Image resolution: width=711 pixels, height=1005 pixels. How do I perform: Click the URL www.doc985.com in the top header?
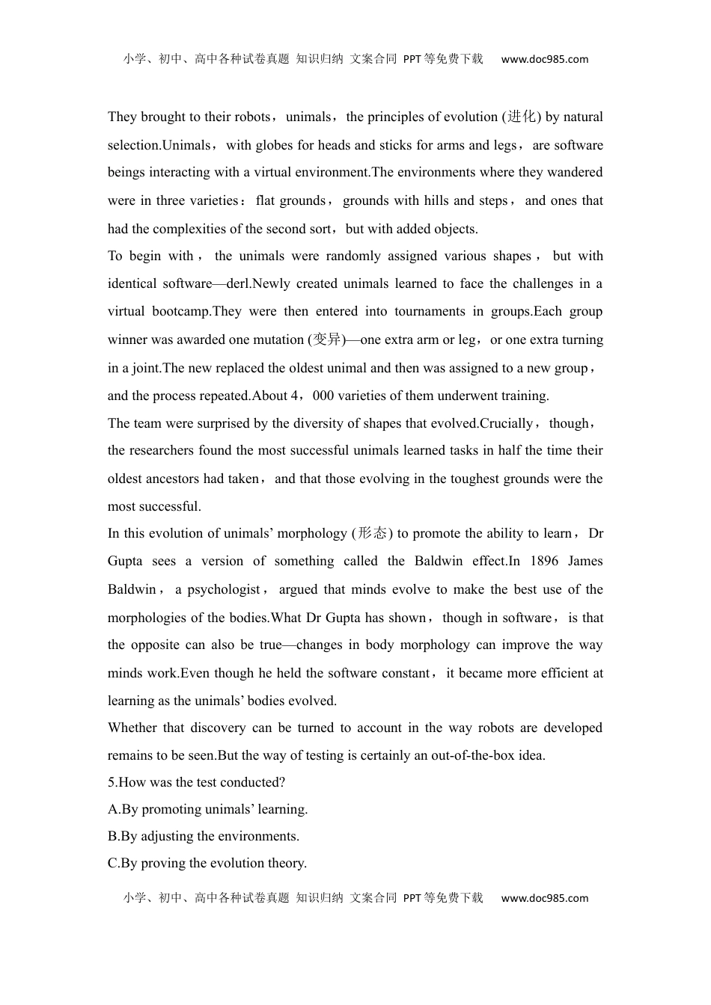(x=544, y=59)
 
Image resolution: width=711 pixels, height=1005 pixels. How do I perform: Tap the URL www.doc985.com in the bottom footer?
(x=544, y=898)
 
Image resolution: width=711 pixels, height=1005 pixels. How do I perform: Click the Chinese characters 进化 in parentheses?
(x=522, y=117)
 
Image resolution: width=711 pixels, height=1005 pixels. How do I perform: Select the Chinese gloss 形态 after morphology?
(x=372, y=533)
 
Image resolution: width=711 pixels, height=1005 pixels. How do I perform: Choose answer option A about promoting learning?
(x=208, y=809)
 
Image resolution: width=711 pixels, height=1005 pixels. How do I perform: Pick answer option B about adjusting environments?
(x=204, y=836)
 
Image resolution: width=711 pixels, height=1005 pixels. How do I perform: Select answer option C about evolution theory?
(x=207, y=863)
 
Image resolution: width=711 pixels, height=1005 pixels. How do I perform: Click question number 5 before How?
(x=112, y=782)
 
